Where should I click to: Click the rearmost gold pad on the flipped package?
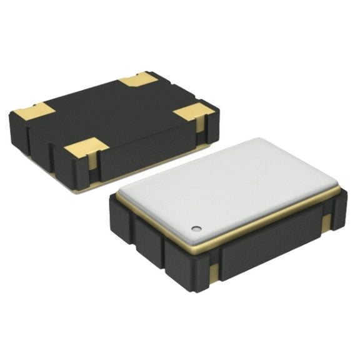pyautogui.click(x=138, y=79)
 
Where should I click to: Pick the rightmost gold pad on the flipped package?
pyautogui.click(x=192, y=112)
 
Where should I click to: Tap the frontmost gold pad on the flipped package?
pyautogui.click(x=86, y=148)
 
